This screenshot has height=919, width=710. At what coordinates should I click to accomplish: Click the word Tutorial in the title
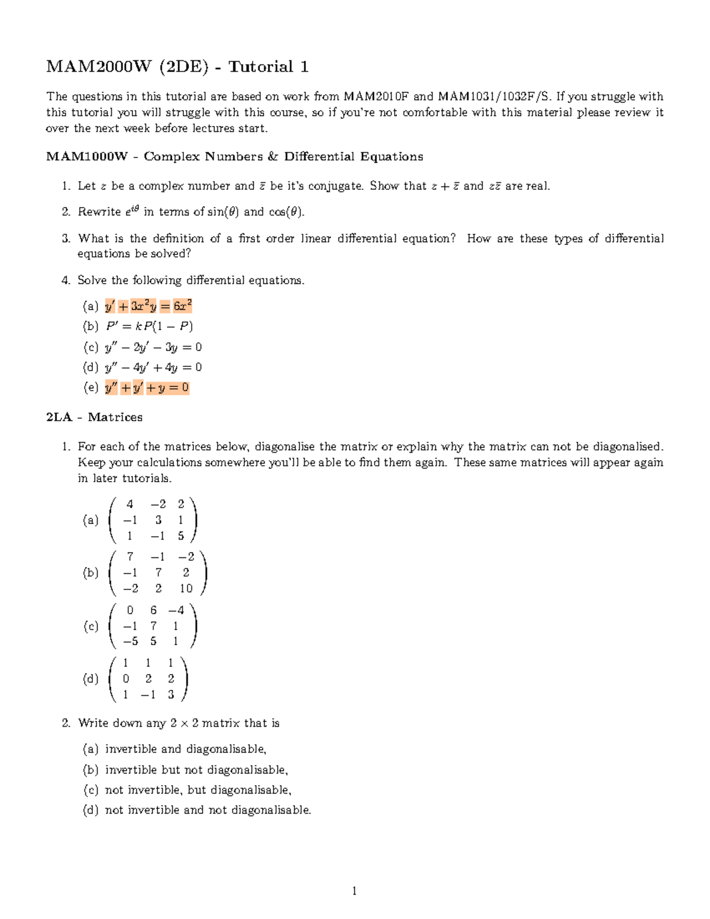click(261, 67)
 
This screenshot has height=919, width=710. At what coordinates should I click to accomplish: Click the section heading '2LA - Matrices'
click(94, 417)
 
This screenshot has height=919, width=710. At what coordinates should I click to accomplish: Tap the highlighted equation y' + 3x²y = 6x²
click(148, 306)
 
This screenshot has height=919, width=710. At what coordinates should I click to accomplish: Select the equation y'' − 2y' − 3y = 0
click(153, 347)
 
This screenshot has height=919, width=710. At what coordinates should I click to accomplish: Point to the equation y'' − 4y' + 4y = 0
click(153, 367)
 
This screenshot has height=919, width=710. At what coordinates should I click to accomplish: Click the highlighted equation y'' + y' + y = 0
click(147, 388)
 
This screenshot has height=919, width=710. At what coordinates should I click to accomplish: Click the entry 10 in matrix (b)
click(186, 588)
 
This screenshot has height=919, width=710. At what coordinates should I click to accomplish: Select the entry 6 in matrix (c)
click(153, 610)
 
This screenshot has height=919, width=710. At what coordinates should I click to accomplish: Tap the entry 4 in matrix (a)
click(130, 504)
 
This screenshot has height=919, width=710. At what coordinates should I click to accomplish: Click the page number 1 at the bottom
click(354, 891)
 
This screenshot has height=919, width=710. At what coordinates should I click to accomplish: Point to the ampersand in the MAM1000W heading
click(272, 157)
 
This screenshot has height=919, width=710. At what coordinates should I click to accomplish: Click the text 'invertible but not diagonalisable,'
click(196, 770)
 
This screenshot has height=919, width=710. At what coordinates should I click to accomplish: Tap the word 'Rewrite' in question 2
click(99, 212)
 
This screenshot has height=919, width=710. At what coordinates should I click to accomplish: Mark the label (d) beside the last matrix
click(91, 679)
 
